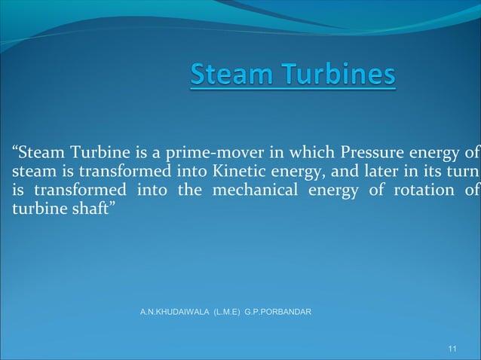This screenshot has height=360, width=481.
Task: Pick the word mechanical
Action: [256, 191]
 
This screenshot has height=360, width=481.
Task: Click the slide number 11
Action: [452, 348]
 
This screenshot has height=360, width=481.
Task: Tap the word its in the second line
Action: [437, 173]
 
